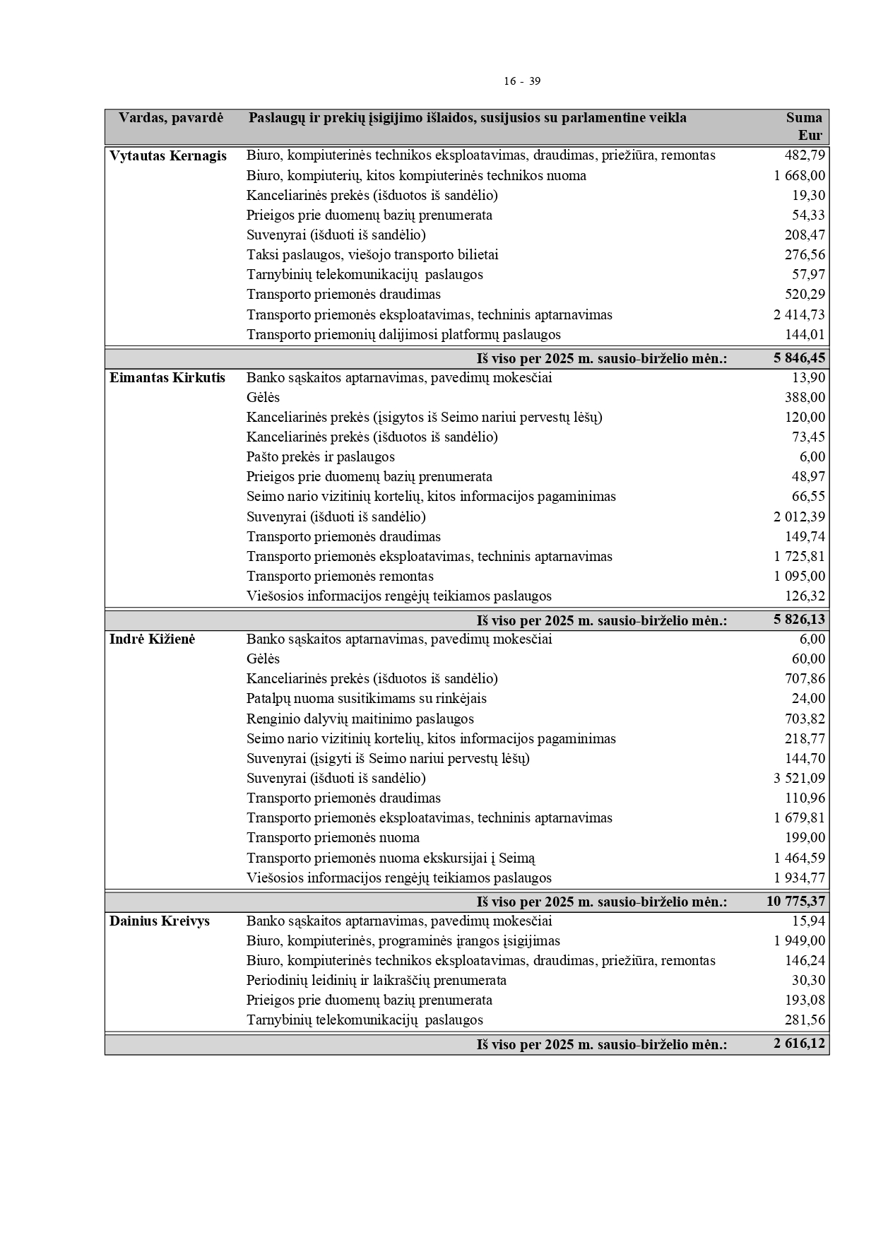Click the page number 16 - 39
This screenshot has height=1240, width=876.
[x=522, y=81]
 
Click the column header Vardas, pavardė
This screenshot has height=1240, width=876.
[x=170, y=118]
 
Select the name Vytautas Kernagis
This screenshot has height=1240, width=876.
[x=168, y=156]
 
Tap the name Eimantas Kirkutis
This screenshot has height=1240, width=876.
[x=167, y=378]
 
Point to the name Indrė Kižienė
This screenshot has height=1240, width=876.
[x=152, y=639]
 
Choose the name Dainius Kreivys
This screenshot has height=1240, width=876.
[x=160, y=921]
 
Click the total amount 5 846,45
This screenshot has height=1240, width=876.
[x=799, y=358]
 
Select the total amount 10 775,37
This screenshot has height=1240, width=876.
[x=795, y=902]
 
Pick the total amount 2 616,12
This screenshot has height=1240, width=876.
[x=799, y=1044]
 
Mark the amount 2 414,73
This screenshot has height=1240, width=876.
[x=799, y=315]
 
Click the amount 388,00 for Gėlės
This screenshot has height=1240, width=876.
[x=805, y=398]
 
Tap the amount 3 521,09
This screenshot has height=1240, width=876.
[x=799, y=779]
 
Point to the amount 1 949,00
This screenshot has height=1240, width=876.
[x=799, y=941]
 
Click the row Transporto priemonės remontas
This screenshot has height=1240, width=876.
[x=340, y=577]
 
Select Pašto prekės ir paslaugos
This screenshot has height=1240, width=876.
[x=320, y=457]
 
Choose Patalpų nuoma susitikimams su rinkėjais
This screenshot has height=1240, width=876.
[x=366, y=699]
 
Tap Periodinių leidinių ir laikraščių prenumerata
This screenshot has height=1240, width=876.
[x=376, y=981]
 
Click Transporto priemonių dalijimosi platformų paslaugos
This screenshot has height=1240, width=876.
[x=403, y=335]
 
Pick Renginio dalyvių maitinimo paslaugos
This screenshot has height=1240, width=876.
[x=360, y=719]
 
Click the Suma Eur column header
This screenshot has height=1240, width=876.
[x=805, y=126]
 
